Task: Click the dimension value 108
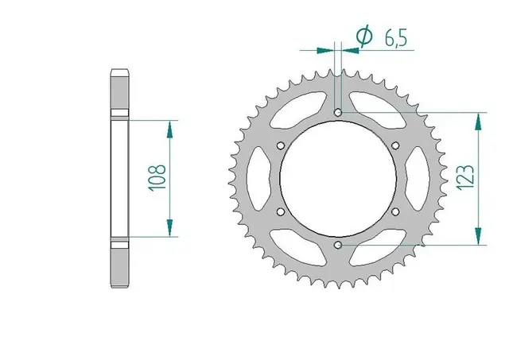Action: (157, 178)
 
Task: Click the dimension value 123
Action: (465, 178)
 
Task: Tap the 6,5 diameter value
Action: (396, 38)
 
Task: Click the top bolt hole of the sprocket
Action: (338, 113)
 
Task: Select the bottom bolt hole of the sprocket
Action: (338, 246)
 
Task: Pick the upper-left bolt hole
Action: (281, 145)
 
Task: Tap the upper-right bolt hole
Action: (395, 145)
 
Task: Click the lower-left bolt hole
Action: (281, 212)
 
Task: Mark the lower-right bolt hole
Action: (395, 212)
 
